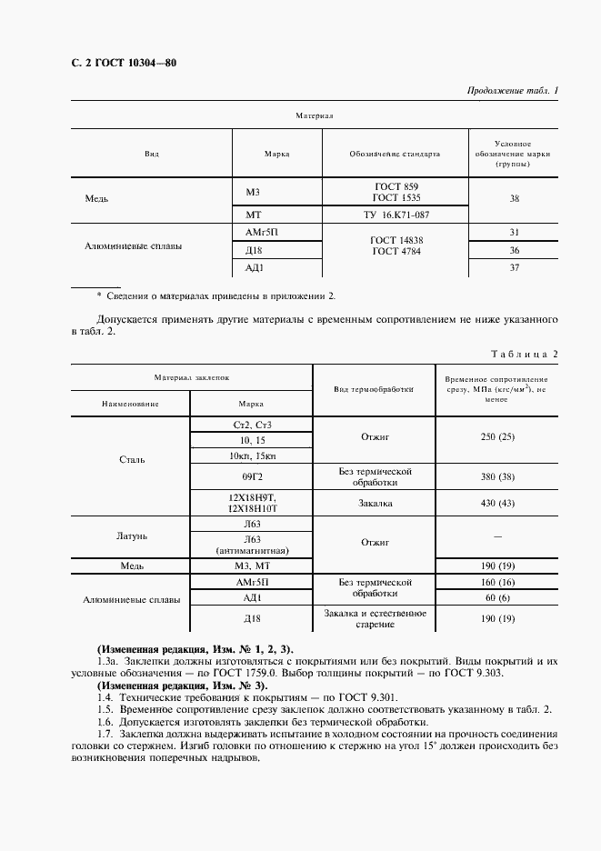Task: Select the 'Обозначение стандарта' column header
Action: click(x=395, y=154)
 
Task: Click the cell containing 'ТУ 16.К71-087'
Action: click(x=395, y=215)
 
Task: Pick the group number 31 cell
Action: click(x=514, y=233)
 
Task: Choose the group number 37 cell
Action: click(x=514, y=267)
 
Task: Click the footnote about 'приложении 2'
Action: click(x=216, y=296)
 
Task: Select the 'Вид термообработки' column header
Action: click(x=373, y=389)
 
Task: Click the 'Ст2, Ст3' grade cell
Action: click(x=252, y=425)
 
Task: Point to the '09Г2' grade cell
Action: click(x=252, y=477)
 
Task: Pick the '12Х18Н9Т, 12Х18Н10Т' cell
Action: click(x=252, y=504)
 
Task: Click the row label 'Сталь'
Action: click(x=132, y=460)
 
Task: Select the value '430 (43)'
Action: click(x=497, y=504)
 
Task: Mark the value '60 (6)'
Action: click(x=497, y=597)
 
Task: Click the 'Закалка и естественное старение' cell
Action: click(x=375, y=619)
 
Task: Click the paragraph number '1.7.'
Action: click(x=107, y=732)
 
